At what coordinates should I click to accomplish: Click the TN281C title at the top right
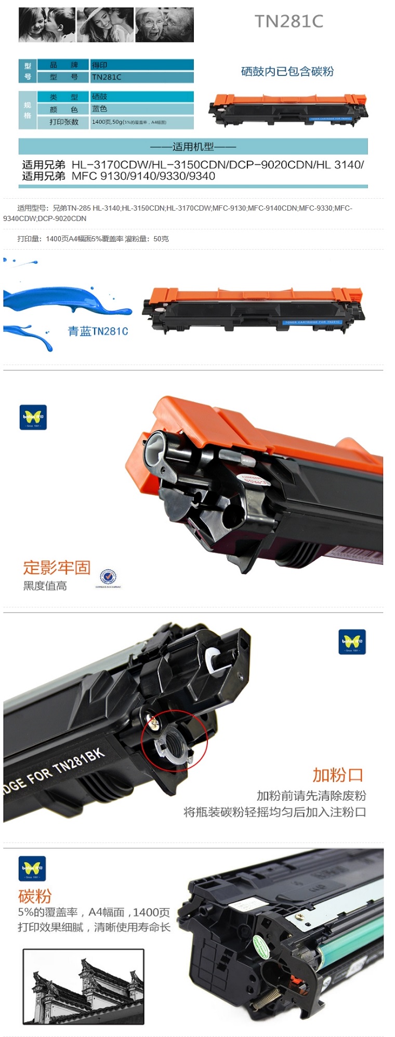(x=288, y=21)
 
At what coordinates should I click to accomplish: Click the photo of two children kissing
(x=47, y=24)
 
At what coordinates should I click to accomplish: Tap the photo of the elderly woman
(x=164, y=24)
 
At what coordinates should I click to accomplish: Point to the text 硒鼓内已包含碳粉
(x=287, y=72)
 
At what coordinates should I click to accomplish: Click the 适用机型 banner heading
(x=193, y=147)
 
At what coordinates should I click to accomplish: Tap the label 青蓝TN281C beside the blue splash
(x=98, y=331)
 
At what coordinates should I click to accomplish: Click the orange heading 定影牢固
(x=57, y=567)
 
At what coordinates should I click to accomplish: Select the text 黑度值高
(x=45, y=586)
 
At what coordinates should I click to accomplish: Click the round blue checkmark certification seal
(x=108, y=577)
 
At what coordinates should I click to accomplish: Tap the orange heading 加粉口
(x=337, y=775)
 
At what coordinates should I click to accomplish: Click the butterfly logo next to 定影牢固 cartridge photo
(x=33, y=417)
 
